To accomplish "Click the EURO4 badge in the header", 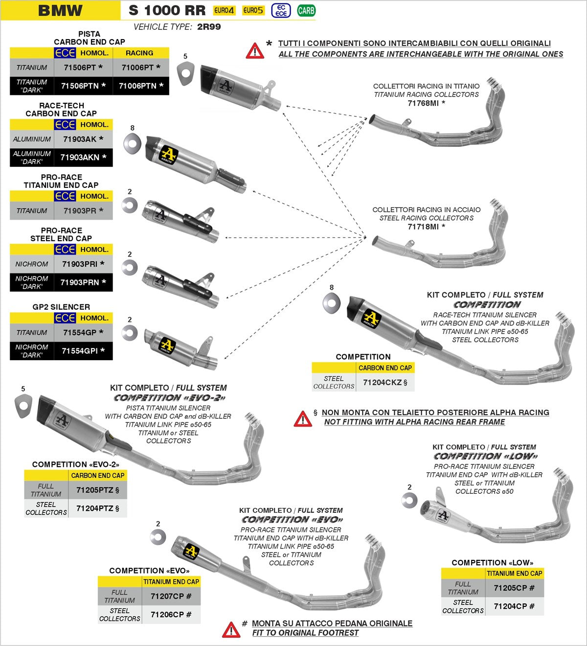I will click(x=224, y=10).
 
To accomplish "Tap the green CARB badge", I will click(x=306, y=10).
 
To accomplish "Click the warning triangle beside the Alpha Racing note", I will click(x=303, y=418).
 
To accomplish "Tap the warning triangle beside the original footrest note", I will click(x=231, y=629).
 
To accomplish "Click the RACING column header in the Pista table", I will click(x=139, y=53).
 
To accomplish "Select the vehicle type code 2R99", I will click(x=209, y=27).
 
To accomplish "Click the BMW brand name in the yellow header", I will click(x=60, y=10).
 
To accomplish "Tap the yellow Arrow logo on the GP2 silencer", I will click(x=167, y=345).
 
